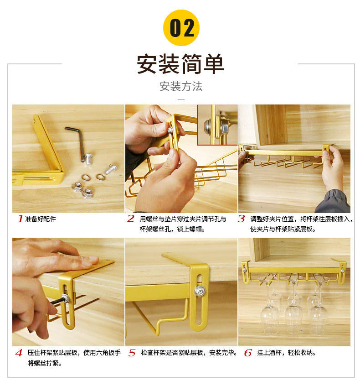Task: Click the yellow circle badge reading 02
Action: tap(181, 28)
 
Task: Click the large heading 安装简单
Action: tap(180, 64)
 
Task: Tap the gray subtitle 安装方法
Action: tap(181, 86)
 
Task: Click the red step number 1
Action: tap(21, 219)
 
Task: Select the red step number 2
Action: tap(131, 219)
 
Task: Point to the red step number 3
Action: tap(241, 219)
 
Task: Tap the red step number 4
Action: tap(19, 353)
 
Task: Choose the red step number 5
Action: tap(132, 353)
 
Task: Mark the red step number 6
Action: tap(248, 353)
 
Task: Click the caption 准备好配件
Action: tap(41, 219)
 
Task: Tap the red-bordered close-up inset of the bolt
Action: tap(217, 125)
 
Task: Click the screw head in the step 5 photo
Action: tap(200, 291)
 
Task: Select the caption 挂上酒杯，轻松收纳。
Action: tap(286, 353)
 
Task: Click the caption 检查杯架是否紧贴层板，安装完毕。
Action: tap(189, 353)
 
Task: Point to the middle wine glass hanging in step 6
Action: tap(293, 305)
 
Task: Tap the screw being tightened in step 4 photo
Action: tap(66, 298)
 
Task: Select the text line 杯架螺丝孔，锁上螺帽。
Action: tap(172, 229)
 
